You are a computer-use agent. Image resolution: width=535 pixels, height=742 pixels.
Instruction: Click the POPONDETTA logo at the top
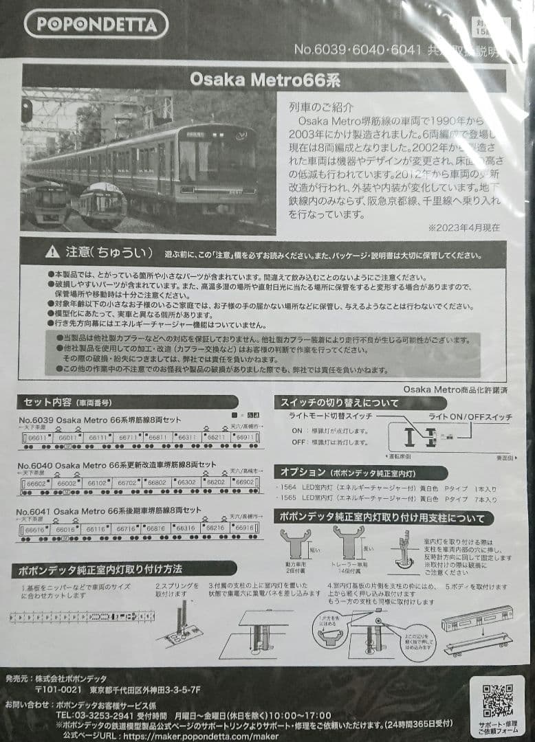96,25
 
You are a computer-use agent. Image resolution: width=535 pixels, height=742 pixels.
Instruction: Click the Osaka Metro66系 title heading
265,79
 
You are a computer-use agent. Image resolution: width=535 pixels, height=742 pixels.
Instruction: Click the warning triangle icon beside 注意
52,252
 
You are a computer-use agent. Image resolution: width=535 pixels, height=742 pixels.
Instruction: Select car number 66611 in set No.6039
39,438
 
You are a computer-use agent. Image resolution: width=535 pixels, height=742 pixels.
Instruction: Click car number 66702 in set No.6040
128,483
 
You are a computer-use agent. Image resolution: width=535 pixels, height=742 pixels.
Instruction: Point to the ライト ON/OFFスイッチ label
470,417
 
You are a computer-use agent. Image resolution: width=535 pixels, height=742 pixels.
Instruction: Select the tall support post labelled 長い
349,543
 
